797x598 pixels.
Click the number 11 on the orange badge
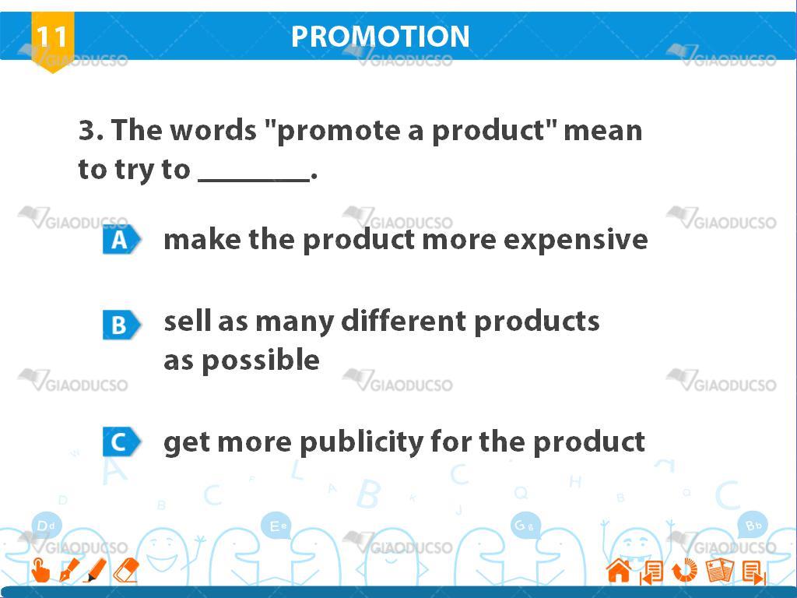52,37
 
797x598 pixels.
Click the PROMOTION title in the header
380,37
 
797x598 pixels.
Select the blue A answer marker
121,239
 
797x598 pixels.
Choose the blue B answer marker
121,325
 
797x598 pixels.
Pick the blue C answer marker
121,441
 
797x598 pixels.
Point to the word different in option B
403,322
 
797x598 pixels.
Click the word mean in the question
603,131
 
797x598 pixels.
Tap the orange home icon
619,570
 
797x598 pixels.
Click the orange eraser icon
125,570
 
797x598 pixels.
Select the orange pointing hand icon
40,570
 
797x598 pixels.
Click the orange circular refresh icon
685,570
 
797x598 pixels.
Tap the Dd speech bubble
46,526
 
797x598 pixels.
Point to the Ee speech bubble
278,526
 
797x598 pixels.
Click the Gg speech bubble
525,526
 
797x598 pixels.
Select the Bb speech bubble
753,526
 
